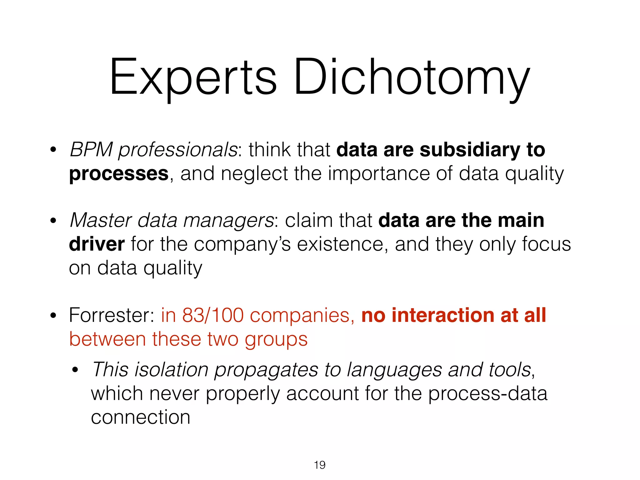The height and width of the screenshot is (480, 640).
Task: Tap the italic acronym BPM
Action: pos(91,150)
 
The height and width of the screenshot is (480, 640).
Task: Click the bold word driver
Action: pos(97,244)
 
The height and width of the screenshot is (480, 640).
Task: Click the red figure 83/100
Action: pos(213,315)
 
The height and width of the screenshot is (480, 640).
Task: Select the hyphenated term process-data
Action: pos(487,393)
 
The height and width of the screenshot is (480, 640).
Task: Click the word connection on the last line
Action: pos(141,417)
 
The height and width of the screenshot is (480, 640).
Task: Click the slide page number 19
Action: pos(320,465)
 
